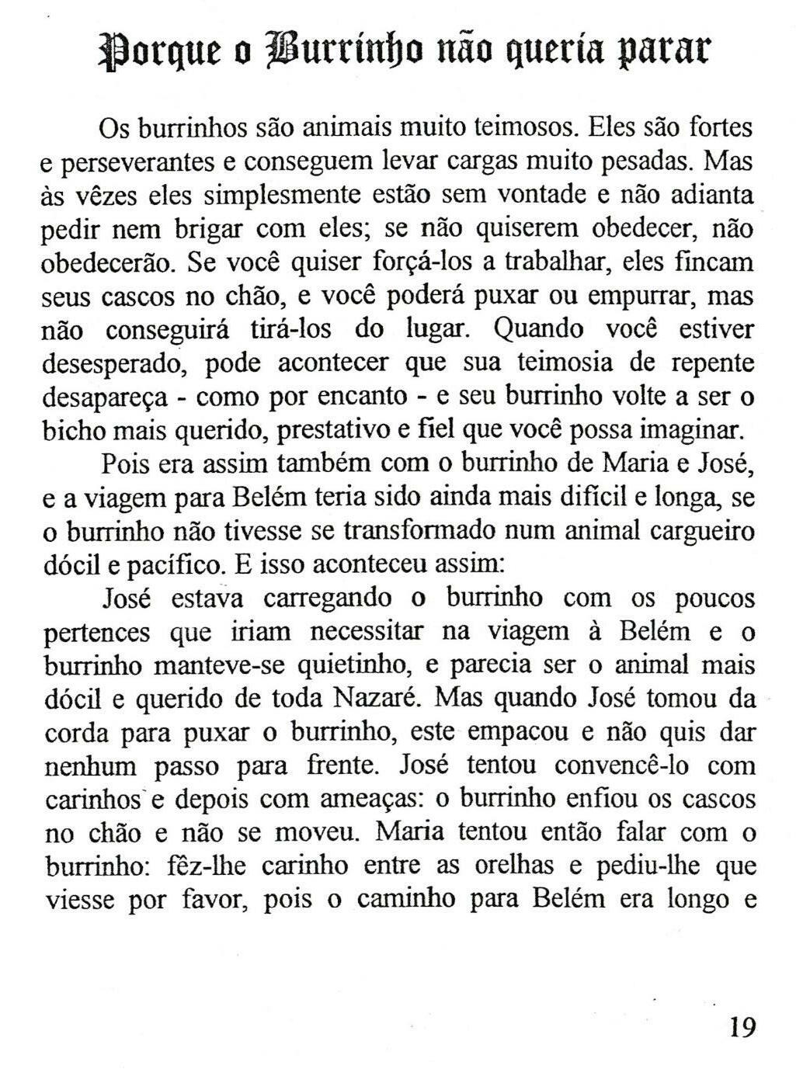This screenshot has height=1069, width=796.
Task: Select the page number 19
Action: (742, 1027)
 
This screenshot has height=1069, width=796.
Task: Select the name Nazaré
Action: (376, 699)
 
